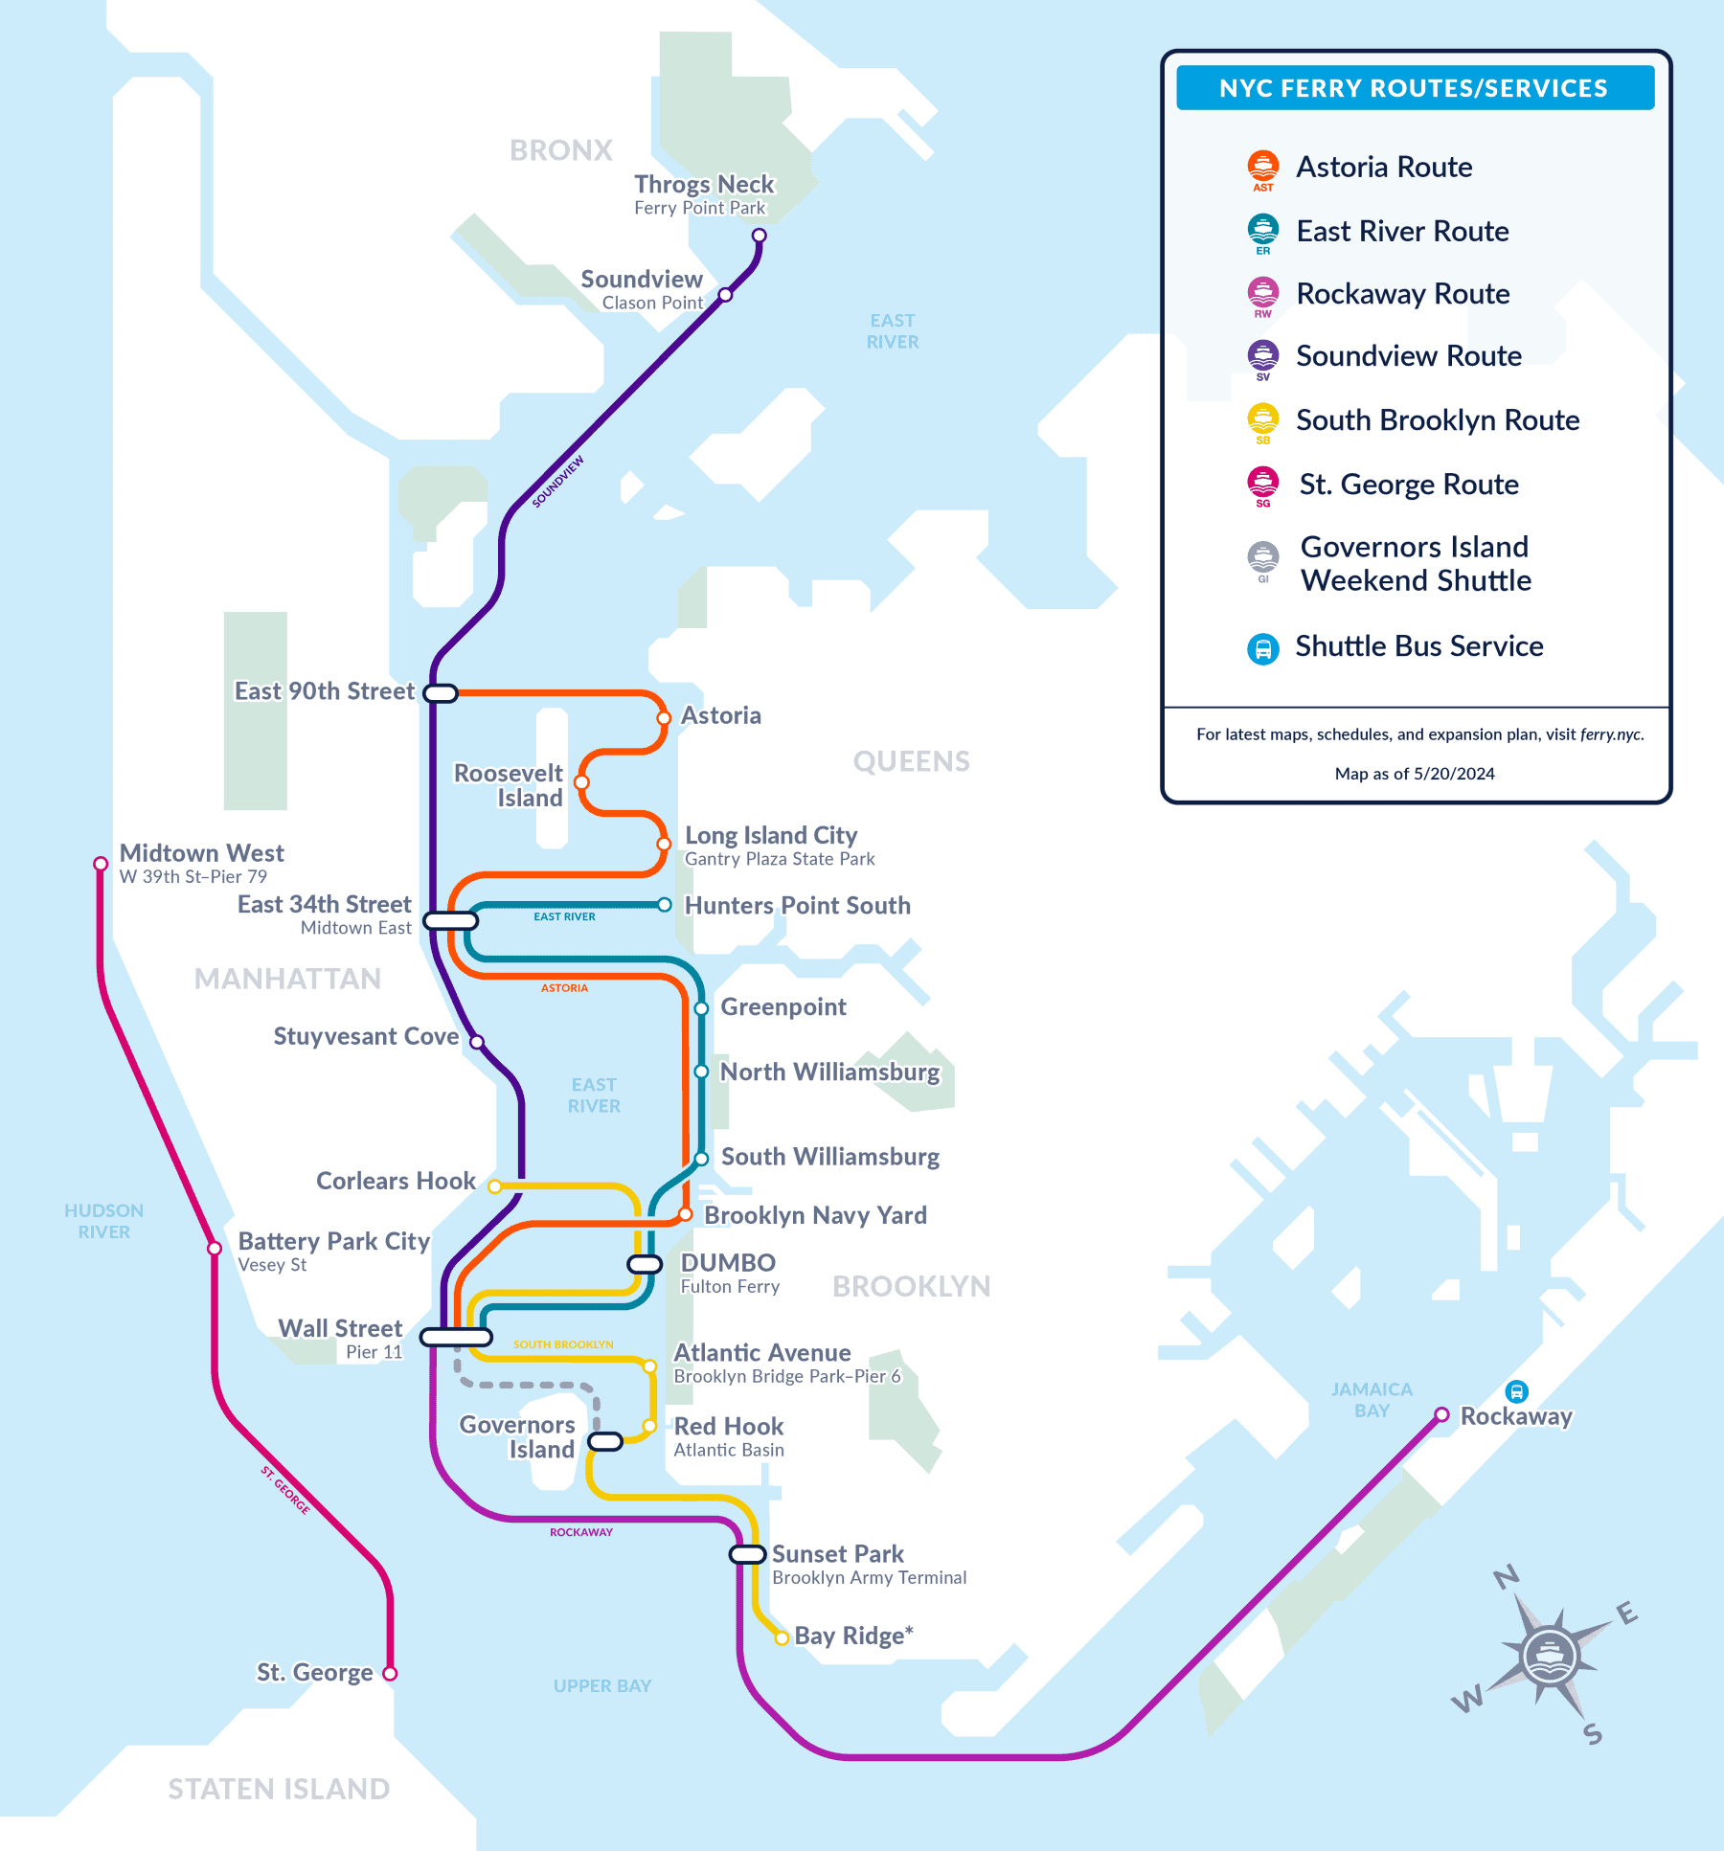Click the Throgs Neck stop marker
click(759, 236)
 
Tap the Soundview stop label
click(642, 280)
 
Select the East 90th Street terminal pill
click(441, 693)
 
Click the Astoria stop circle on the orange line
click(663, 718)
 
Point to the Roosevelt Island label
click(509, 785)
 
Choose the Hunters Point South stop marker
click(664, 905)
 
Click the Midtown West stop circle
click(101, 864)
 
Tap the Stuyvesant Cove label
click(366, 1037)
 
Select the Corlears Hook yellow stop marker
click(494, 1186)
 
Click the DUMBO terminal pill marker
click(645, 1264)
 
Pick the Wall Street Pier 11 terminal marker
click(456, 1337)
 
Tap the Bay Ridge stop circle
click(782, 1638)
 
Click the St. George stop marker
click(390, 1674)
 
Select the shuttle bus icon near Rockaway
click(1516, 1391)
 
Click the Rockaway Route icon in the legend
click(1262, 293)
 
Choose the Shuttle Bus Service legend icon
click(1262, 648)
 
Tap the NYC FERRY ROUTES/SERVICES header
click(1414, 88)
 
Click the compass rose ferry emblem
click(1549, 1655)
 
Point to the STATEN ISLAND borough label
click(279, 1789)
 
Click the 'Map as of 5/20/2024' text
click(1415, 774)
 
